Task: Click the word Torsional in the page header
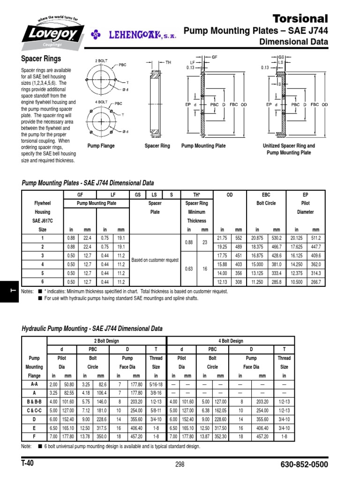[x=300, y=19]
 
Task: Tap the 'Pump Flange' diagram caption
[x=101, y=146]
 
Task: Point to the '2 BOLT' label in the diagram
[x=102, y=61]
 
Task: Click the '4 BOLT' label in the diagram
[x=101, y=101]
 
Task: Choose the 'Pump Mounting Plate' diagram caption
[x=203, y=146]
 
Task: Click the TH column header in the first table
[x=197, y=195]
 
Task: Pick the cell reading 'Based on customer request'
[x=155, y=260]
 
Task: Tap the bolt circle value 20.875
[x=257, y=239]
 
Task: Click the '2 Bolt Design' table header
[x=106, y=341]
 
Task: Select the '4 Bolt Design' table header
[x=231, y=341]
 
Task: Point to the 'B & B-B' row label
[x=35, y=401]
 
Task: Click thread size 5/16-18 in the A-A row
[x=157, y=384]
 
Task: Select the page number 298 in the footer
[x=180, y=465]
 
